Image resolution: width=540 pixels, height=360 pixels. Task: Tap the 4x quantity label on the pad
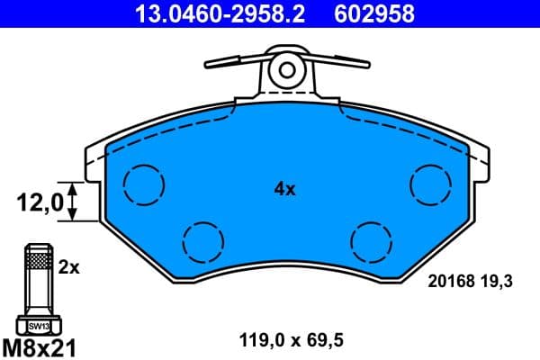click(x=284, y=189)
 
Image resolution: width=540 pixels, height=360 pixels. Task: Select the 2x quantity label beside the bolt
click(x=69, y=267)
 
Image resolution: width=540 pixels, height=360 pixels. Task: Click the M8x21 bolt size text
click(x=40, y=345)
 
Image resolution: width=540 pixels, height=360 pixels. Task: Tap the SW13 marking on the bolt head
click(x=37, y=326)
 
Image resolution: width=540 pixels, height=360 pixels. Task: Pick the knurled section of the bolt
click(x=37, y=262)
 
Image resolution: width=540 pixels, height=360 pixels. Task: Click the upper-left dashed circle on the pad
click(x=144, y=184)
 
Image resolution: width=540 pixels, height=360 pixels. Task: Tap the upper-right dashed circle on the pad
click(x=430, y=184)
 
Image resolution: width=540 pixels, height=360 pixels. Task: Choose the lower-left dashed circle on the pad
click(x=202, y=240)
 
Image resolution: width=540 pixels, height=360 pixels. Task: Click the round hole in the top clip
click(x=287, y=68)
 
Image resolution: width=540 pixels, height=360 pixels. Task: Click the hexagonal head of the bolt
click(x=37, y=325)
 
